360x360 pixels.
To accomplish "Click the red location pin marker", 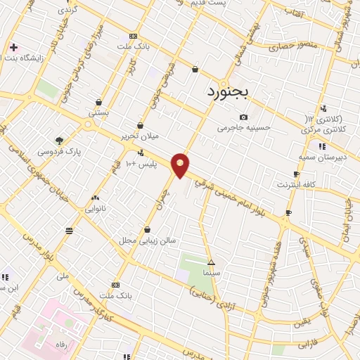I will point(181,165).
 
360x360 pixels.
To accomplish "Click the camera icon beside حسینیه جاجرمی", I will point(243,117).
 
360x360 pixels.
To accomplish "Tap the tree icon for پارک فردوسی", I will point(59,140).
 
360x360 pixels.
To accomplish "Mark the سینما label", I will point(211,271).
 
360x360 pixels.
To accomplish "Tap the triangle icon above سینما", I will point(211,262).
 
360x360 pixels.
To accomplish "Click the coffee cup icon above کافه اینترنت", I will point(296,174).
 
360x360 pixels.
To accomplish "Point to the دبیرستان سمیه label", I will point(322,157).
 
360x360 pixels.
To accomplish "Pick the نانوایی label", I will point(95,209).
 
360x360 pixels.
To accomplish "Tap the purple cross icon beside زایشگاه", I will point(13,48).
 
